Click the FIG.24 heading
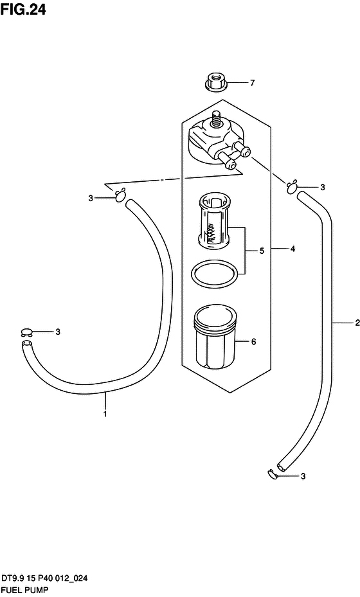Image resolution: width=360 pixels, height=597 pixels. pos(23,9)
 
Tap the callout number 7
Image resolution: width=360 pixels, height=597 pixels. pos(252,83)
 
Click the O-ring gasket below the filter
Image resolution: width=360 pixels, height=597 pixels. pos(213,274)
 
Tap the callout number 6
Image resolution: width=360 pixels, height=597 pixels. pos(254,341)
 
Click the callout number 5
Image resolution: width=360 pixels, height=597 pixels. pos(262,251)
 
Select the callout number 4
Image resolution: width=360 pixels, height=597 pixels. pos(292,249)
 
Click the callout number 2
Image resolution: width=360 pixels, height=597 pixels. pos(357,323)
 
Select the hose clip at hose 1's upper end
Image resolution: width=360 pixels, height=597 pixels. pos(120,196)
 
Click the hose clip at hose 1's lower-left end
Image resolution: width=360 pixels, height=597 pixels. pos(26,332)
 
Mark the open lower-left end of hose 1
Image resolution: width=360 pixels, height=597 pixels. pos(26,344)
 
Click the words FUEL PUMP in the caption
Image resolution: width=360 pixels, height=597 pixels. pos(24,590)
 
